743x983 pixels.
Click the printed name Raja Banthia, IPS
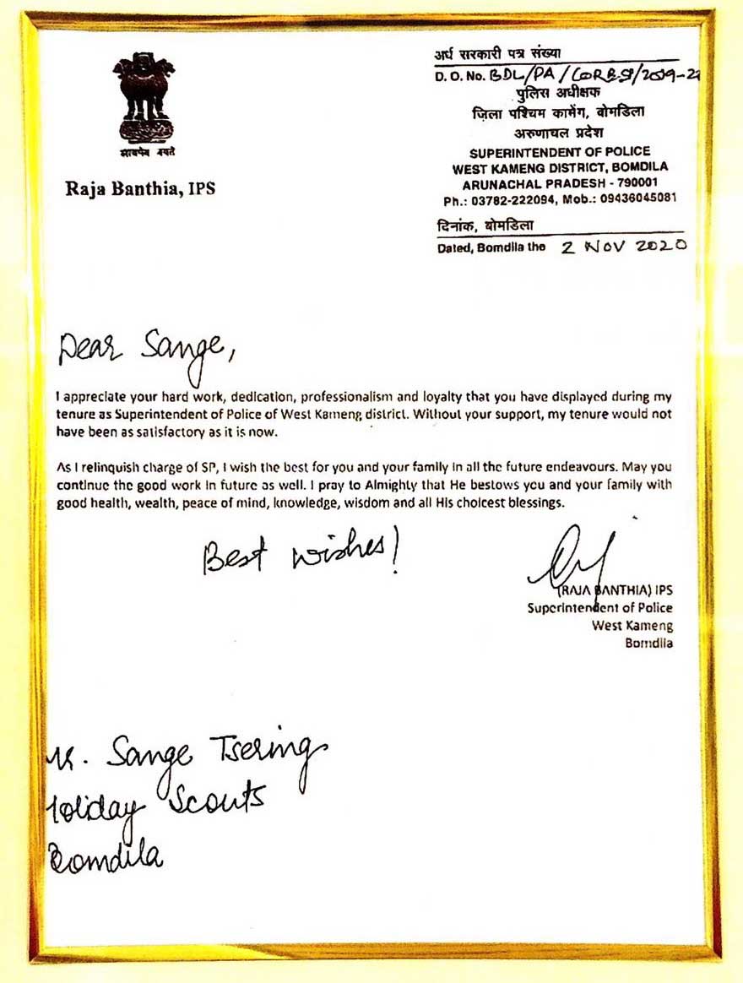140,189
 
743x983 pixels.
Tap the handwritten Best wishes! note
301,555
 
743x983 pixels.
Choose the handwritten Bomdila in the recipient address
106,855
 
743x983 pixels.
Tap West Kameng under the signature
632,625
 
